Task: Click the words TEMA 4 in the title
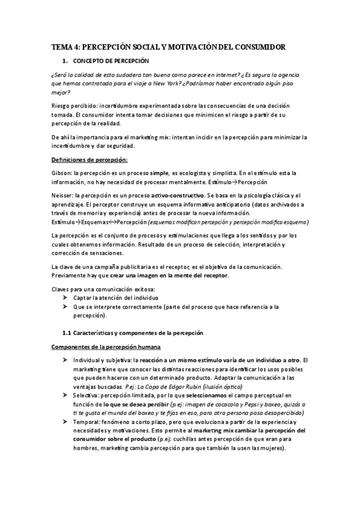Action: click(x=64, y=46)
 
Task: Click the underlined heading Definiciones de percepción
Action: click(x=90, y=159)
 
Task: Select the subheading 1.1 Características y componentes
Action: click(x=133, y=333)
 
